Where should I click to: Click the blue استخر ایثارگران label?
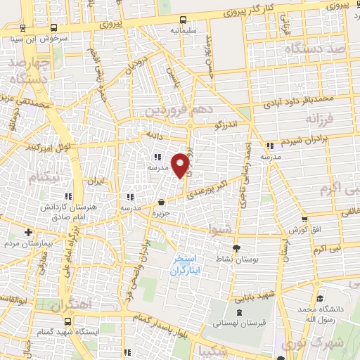186,264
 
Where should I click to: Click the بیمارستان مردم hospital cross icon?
29,232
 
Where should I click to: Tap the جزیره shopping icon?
162,202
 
